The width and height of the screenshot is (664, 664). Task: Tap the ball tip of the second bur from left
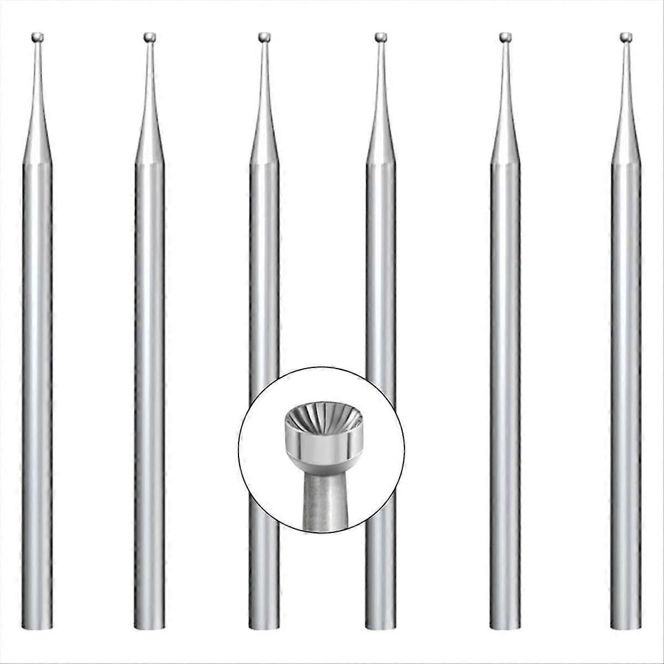click(149, 37)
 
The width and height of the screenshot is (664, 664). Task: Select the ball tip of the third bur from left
click(263, 37)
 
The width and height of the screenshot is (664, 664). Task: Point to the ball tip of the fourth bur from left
click(380, 37)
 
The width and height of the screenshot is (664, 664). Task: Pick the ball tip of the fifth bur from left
click(505, 37)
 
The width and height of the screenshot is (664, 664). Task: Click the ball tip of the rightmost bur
click(626, 37)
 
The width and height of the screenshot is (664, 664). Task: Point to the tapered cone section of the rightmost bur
click(626, 133)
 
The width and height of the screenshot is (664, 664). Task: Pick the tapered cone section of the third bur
click(264, 133)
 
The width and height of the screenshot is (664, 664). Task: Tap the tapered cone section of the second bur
click(149, 133)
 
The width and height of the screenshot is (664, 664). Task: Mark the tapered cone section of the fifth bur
click(505, 133)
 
